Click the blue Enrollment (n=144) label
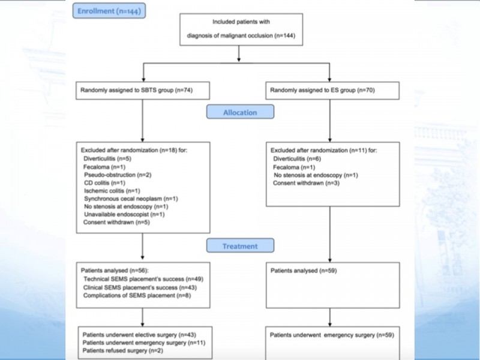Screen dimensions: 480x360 (x=109, y=11)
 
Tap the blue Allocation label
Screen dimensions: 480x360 (x=241, y=112)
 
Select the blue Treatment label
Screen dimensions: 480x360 (x=241, y=246)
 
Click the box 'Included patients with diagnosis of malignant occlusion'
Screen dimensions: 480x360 (x=241, y=29)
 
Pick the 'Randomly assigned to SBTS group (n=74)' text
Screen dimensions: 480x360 (x=137, y=90)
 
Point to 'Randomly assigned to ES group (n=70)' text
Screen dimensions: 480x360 (x=322, y=90)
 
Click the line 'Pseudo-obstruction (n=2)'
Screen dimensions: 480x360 (x=118, y=175)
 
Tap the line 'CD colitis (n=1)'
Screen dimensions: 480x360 (x=104, y=183)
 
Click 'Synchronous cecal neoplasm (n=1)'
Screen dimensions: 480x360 (x=131, y=199)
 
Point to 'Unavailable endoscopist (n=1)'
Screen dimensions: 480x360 (x=124, y=214)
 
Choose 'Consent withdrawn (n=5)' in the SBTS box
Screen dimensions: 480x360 (x=116, y=222)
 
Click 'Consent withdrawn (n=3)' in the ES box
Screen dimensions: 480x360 (x=306, y=183)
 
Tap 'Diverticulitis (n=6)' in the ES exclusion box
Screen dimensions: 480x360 (x=297, y=158)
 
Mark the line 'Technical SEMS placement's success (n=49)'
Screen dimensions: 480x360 (x=143, y=279)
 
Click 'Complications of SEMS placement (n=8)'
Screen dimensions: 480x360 (x=137, y=295)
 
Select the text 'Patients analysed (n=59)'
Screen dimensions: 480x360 (x=304, y=271)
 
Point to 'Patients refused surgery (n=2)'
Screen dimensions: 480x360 (x=123, y=350)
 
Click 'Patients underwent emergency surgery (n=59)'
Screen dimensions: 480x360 (x=332, y=335)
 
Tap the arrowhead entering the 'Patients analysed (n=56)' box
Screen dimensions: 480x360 (x=142, y=258)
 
